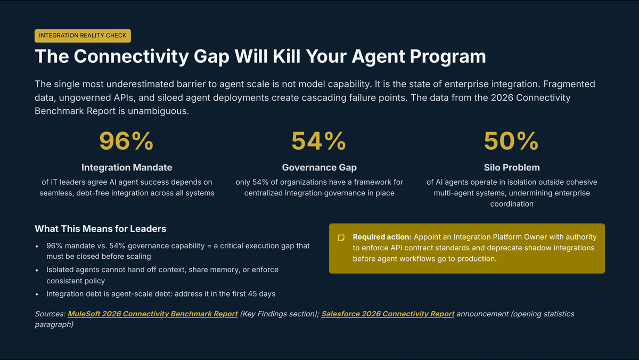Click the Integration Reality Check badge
pos(83,36)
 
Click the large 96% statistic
pos(126,141)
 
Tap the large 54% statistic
pos(319,141)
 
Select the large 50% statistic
pos(512,141)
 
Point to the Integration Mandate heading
pos(127,167)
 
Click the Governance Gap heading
pos(319,167)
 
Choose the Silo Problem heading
pos(512,167)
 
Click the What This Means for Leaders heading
pos(101,229)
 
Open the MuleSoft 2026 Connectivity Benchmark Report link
pos(153,314)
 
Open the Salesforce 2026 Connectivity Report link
pos(388,314)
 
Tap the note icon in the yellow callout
pos(341,238)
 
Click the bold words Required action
pos(382,237)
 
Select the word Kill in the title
pos(286,56)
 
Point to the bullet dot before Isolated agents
pos(37,270)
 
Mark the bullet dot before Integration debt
pos(37,294)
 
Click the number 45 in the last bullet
pos(252,294)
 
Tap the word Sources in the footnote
pos(50,314)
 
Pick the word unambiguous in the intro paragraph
pos(158,111)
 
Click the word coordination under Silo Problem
pos(512,204)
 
